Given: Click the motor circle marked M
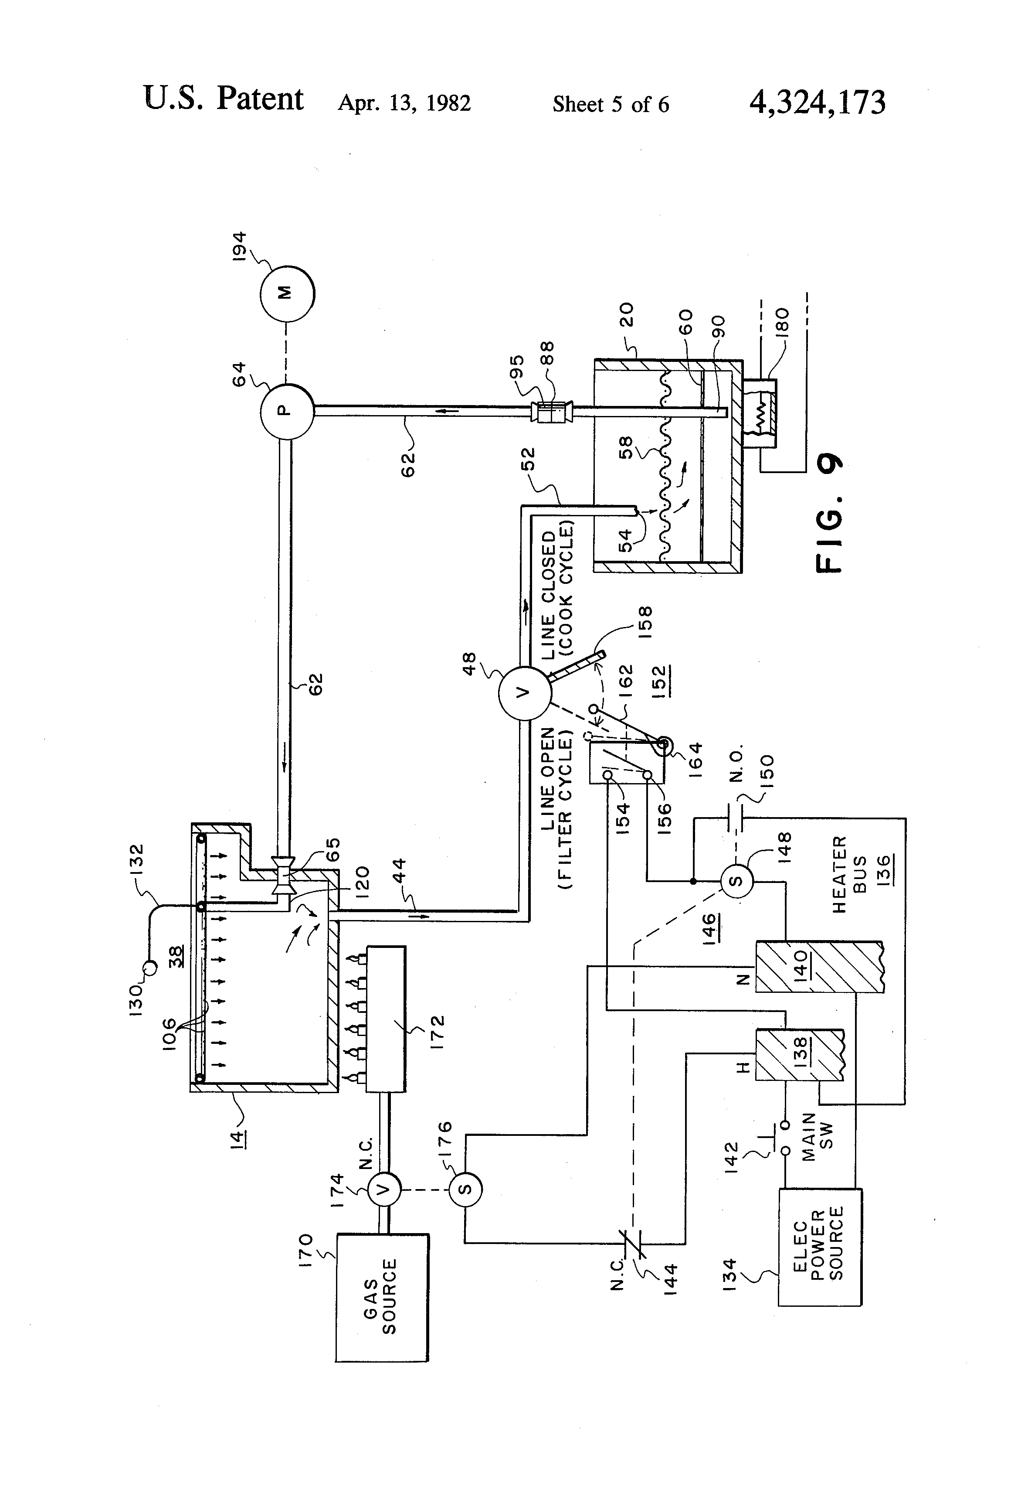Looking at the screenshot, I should coord(287,293).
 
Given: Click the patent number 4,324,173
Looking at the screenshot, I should coord(818,102).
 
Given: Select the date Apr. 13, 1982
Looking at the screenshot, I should coord(404,103).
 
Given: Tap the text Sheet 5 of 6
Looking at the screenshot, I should coord(611,104).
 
